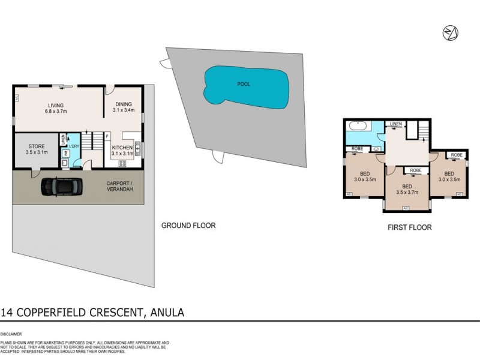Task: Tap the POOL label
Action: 244,84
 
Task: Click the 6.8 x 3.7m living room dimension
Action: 56,111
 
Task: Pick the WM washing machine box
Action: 65,153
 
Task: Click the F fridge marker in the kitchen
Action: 107,136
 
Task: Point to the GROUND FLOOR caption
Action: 188,226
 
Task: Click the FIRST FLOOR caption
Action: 410,227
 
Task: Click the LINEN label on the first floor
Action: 395,124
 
